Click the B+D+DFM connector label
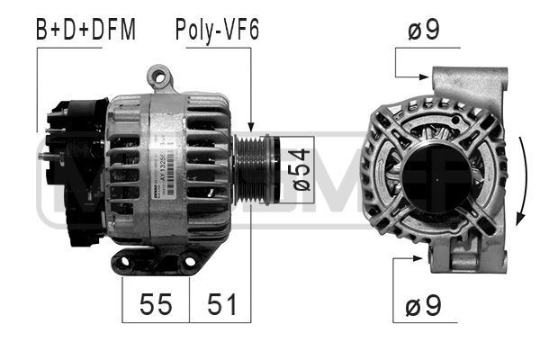[85, 31]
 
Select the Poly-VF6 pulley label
[216, 31]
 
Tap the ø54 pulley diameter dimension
[301, 169]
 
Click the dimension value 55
[155, 304]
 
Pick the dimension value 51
[220, 304]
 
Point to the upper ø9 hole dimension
[423, 31]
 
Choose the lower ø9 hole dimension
[423, 307]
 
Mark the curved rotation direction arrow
[523, 180]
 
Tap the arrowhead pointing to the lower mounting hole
[426, 259]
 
